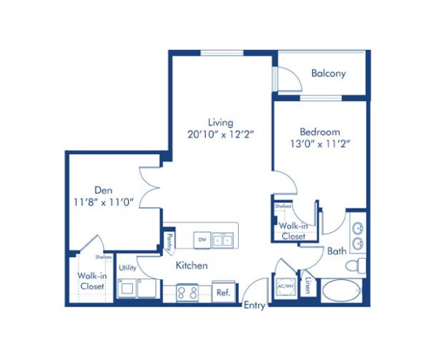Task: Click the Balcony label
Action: click(x=328, y=73)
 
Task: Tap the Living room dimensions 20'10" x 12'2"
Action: click(x=220, y=134)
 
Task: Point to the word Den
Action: click(x=102, y=189)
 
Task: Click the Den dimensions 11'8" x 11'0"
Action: click(x=102, y=202)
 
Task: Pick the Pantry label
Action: click(x=169, y=240)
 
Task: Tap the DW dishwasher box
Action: click(x=201, y=239)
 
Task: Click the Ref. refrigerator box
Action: click(x=223, y=292)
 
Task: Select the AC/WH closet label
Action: click(x=284, y=287)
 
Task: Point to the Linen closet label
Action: click(x=307, y=287)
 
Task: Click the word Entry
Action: click(x=254, y=305)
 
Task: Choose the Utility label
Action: click(x=127, y=268)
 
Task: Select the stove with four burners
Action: click(x=187, y=292)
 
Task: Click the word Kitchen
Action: click(x=191, y=265)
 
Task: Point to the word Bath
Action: click(x=337, y=251)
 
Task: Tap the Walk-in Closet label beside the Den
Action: click(x=92, y=281)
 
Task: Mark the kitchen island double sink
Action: click(x=223, y=239)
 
